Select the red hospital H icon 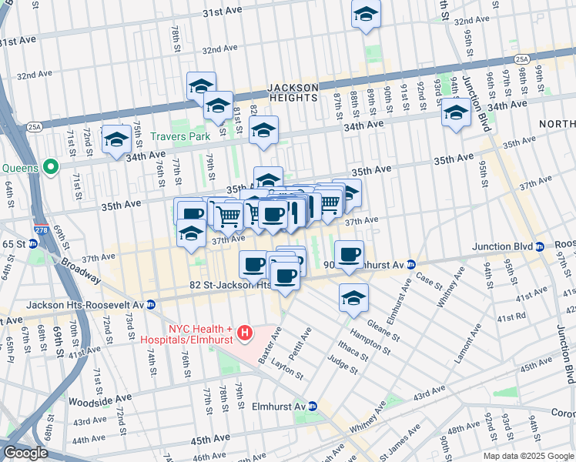click(245, 333)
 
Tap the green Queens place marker click(52, 166)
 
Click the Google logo click(25, 453)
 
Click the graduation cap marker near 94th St click(456, 114)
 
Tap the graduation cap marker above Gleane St click(353, 297)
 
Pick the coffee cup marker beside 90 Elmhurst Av click(350, 254)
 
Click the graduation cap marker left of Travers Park click(116, 139)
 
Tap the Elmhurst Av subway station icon click(313, 407)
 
